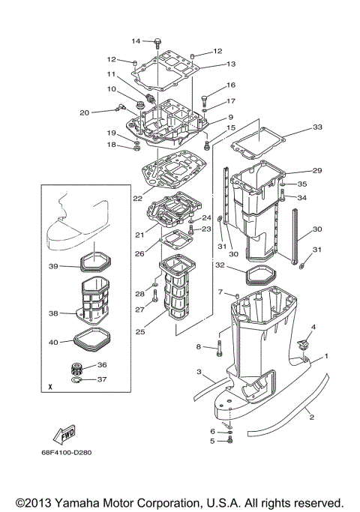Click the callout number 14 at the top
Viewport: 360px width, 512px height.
click(136, 40)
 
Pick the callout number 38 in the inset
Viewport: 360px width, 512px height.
click(53, 314)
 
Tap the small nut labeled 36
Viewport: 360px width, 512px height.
click(75, 368)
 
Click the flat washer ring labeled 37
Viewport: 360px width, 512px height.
click(76, 380)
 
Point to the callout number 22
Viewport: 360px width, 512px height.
click(137, 199)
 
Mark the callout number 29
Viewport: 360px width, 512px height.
click(316, 171)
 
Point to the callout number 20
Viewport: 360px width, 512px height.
click(85, 112)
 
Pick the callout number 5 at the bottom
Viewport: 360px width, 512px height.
click(212, 441)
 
